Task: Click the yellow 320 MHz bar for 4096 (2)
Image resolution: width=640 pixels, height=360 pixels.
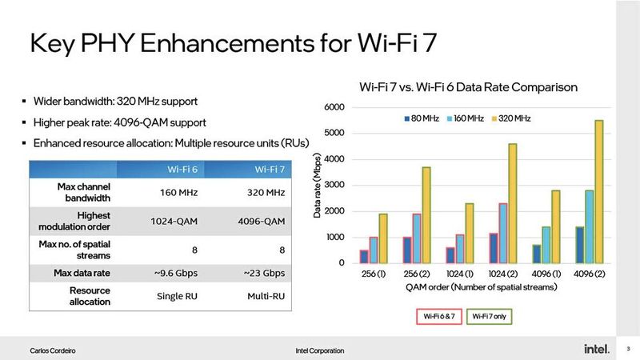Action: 598,192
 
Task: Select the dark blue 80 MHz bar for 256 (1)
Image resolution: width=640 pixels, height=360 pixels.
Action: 364,257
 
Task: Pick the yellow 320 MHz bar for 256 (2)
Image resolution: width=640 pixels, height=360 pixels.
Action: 426,215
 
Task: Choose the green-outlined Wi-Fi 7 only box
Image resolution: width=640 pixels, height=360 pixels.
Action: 488,316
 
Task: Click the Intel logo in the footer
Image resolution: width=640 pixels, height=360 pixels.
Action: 596,350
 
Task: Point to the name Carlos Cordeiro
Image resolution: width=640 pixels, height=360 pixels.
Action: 54,350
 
